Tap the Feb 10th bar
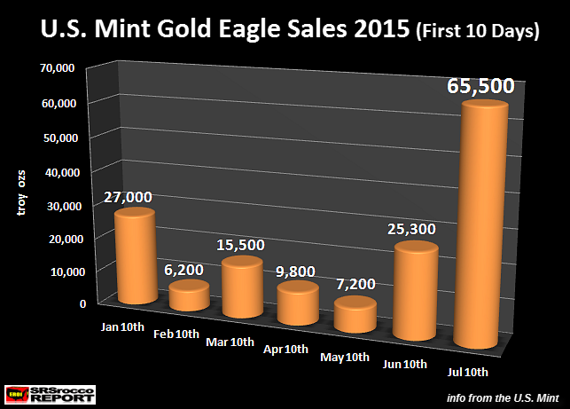coord(189,296)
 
